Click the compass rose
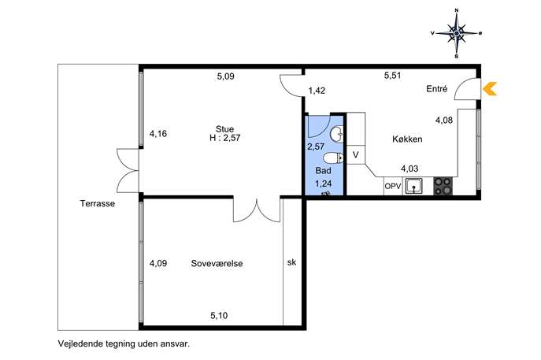coord(457,34)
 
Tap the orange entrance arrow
coord(490,89)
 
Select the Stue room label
coord(224,129)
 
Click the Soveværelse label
coord(217,263)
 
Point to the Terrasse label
coord(98,203)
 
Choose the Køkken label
coord(407,139)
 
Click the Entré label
coord(437,89)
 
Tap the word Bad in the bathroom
coord(324,170)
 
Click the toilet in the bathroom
coord(333,158)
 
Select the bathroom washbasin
coord(337,134)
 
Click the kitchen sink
coord(413,187)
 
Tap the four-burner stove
coord(443,186)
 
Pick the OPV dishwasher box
coord(393,186)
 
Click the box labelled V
coord(355,155)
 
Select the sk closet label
coord(291,262)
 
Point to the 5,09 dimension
coord(226,76)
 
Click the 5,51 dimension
coord(393,76)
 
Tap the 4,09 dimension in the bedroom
coord(158,263)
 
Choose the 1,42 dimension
coord(317,91)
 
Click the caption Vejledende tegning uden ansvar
coord(124,343)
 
